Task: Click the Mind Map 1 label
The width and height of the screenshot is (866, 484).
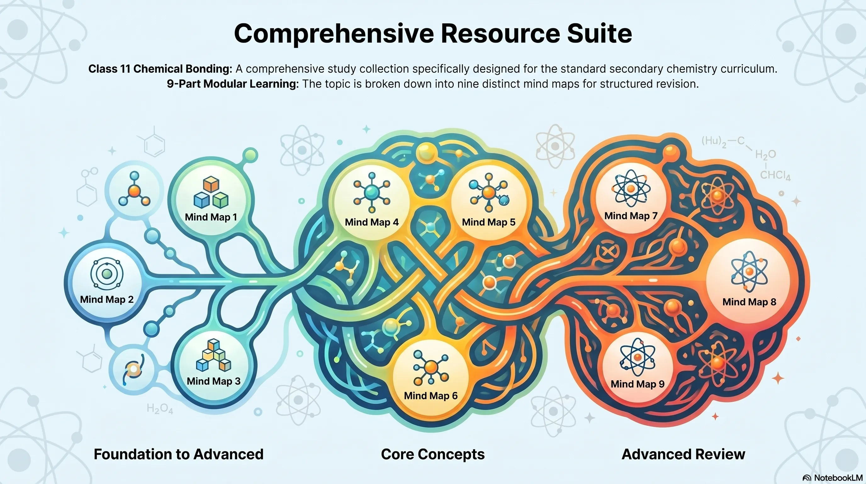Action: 211,217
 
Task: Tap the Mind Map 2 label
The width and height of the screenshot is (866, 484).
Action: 107,299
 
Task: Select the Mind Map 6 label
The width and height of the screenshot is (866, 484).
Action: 431,395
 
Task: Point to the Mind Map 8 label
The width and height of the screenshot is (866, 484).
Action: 749,302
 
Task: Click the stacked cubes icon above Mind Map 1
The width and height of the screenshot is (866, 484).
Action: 211,192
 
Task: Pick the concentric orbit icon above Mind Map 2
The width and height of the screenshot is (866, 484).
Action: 107,274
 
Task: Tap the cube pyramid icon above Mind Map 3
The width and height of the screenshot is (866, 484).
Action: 213,355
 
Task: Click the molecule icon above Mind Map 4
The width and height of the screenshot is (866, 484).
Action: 371,193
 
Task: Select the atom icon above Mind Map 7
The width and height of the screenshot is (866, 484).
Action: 631,188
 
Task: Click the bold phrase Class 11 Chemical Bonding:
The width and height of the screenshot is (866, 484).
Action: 160,69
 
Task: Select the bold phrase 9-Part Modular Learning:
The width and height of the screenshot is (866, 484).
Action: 233,84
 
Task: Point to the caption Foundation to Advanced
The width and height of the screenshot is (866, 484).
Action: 178,454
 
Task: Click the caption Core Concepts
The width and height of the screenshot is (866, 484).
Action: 433,454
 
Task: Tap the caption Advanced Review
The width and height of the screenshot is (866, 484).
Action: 683,454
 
